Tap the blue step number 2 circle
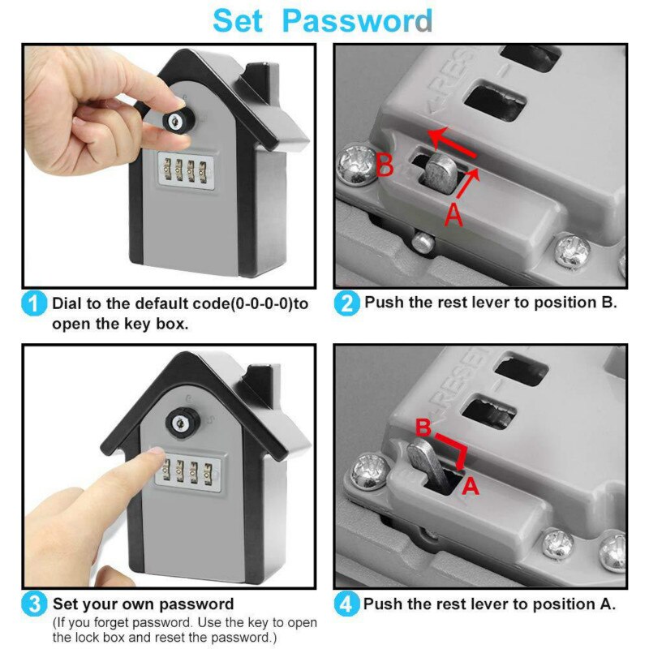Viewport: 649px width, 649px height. (x=346, y=303)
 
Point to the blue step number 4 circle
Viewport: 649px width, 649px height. (x=346, y=604)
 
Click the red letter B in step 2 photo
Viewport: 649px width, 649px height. (x=385, y=167)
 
